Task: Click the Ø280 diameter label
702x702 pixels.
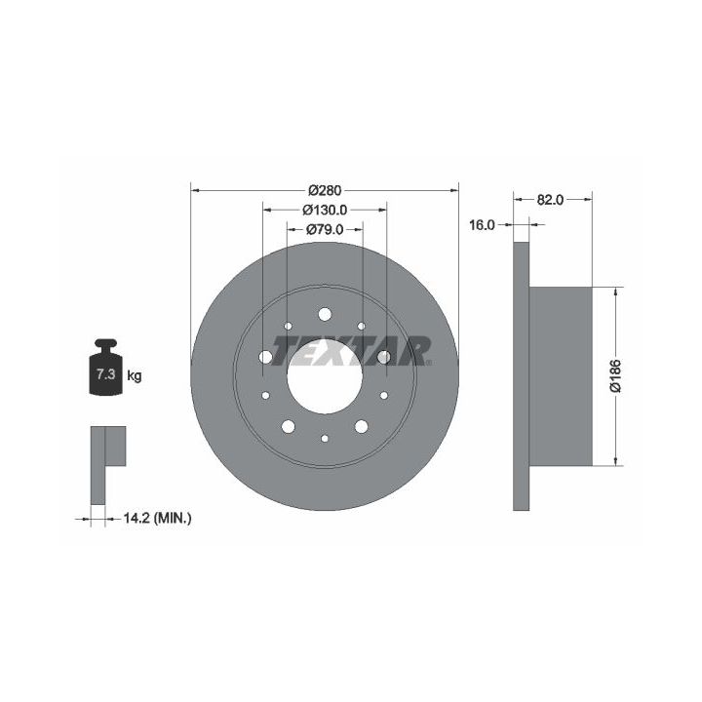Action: point(325,190)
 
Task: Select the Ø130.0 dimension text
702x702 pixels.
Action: point(325,210)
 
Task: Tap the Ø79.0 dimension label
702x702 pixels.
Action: point(325,230)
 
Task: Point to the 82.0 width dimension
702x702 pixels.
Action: point(550,200)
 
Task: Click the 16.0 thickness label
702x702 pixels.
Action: point(482,225)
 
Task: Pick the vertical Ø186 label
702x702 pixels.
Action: point(616,375)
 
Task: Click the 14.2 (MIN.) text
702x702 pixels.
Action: point(157,519)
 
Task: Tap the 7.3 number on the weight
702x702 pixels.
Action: point(106,373)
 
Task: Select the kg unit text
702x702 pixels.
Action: point(135,375)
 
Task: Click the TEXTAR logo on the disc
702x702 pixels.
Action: point(350,351)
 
